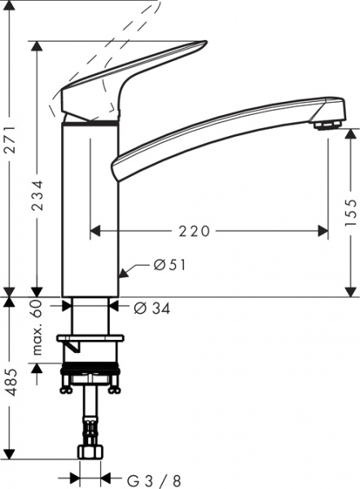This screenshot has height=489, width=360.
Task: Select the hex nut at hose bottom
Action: coord(91,452)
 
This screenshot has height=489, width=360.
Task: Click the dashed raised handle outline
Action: coord(106,33)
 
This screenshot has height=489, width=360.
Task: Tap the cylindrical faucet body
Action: coord(91,204)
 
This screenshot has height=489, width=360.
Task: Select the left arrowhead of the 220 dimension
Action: coord(93,231)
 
